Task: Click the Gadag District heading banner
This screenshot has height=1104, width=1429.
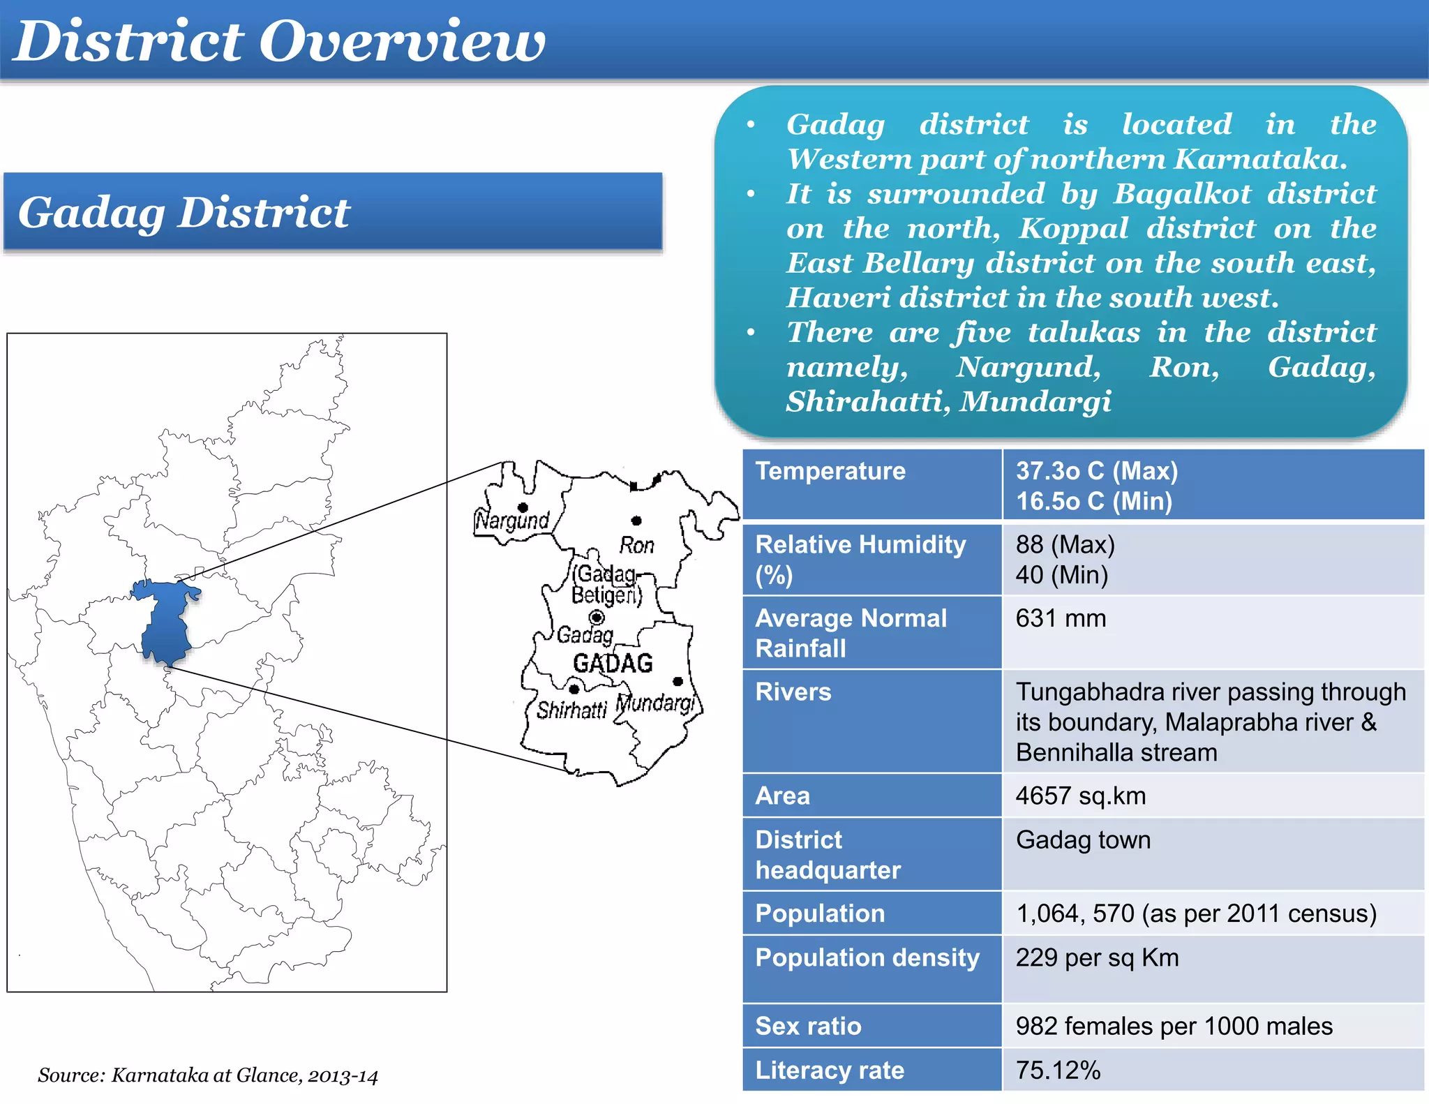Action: [184, 212]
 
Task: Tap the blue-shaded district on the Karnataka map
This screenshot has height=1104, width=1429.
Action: [165, 625]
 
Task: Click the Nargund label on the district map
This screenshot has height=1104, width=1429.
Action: [512, 521]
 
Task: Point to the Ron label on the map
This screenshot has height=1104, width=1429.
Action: [636, 545]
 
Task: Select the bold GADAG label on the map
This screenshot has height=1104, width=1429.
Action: [613, 663]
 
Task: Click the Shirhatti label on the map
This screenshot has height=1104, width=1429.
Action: [571, 710]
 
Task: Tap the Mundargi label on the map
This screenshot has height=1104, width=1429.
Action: [655, 703]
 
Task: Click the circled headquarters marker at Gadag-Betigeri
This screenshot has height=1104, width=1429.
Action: [597, 617]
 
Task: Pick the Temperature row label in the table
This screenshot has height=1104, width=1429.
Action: [830, 471]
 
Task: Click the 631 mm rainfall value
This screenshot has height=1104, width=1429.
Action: [1061, 618]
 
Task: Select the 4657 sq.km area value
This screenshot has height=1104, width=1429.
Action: [1080, 796]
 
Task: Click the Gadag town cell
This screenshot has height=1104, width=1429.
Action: [1083, 840]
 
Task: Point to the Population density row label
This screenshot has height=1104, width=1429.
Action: [867, 957]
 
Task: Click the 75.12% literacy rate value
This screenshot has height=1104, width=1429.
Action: [1058, 1070]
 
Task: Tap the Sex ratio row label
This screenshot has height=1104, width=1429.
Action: [808, 1026]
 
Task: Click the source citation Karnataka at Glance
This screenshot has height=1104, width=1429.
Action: [207, 1075]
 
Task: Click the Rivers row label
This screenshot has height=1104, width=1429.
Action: [793, 692]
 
